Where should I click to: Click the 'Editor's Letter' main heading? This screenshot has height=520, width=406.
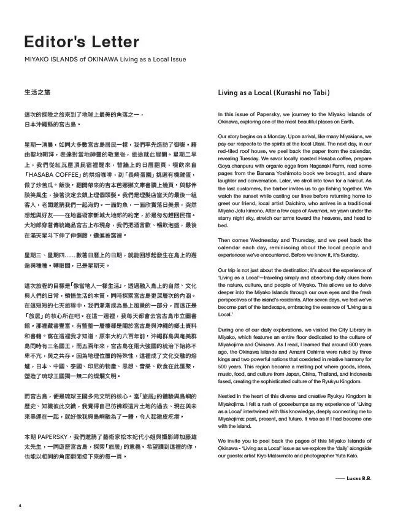82,42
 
